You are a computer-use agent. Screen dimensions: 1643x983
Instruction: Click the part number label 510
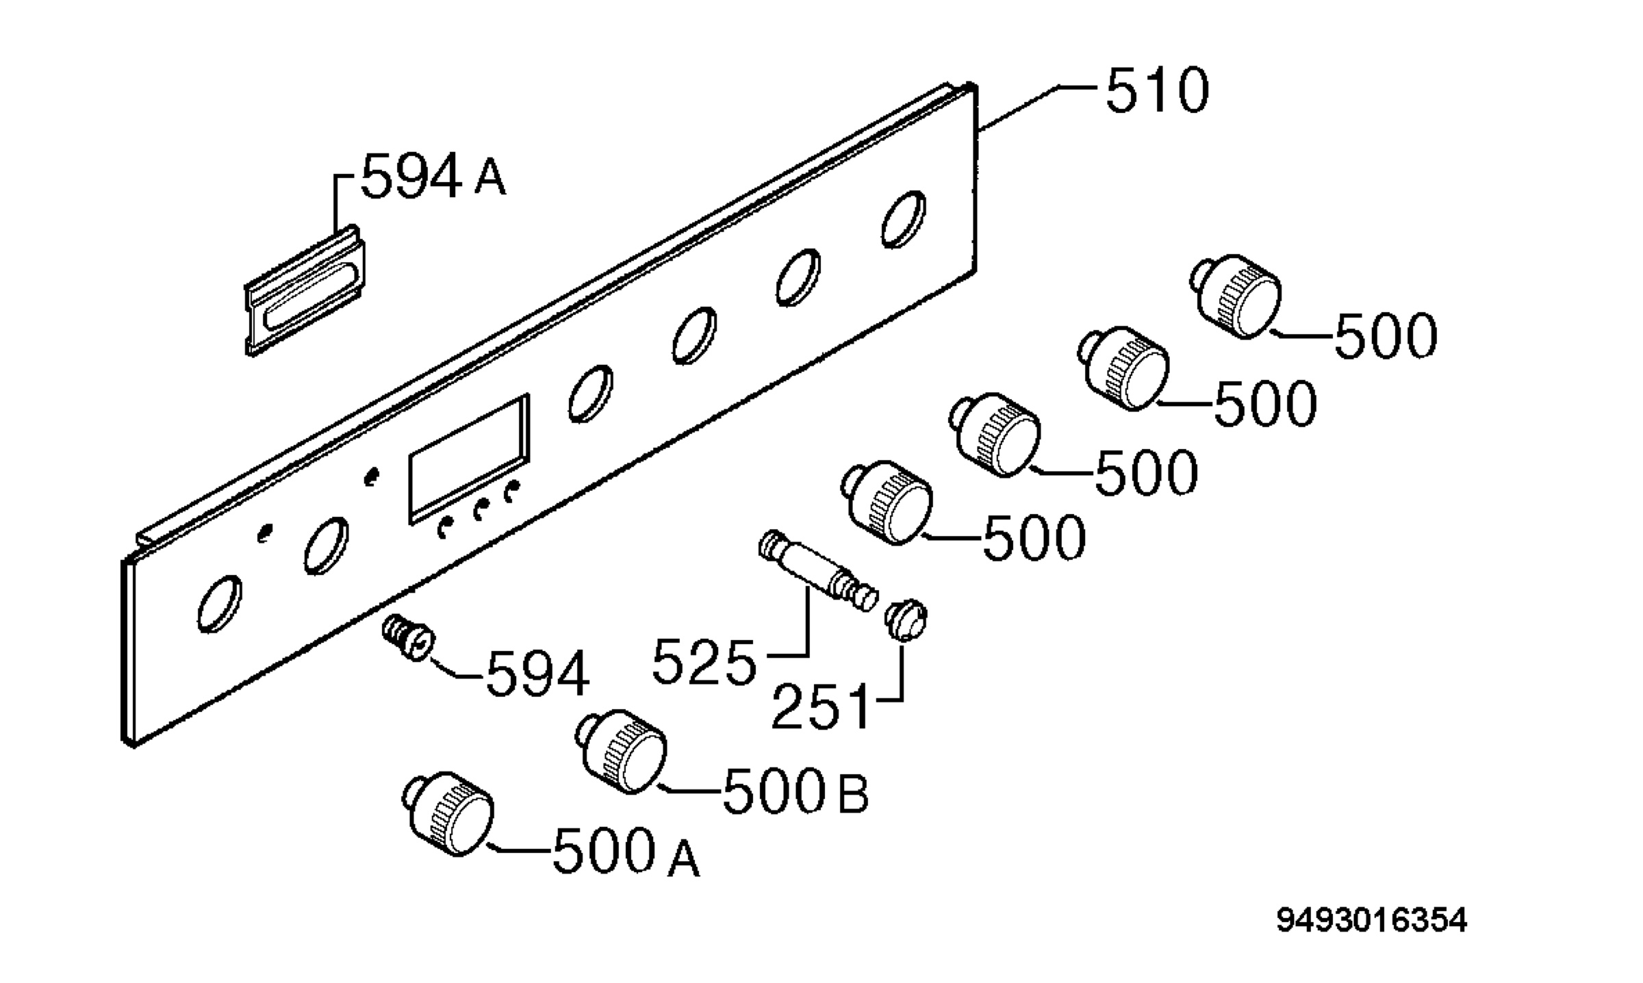1158,91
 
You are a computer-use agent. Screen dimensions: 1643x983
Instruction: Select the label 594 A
433,176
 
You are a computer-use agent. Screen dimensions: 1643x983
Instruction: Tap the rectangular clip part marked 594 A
305,290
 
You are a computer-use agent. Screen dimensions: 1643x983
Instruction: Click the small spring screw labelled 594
407,637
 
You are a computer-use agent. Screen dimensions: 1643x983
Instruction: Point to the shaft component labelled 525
819,571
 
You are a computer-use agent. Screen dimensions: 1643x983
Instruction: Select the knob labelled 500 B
621,752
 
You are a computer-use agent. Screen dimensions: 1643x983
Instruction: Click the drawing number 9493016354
1372,921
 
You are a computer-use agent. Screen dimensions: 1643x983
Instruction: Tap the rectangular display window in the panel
470,459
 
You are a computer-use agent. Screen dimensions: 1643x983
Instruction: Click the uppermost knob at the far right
1238,296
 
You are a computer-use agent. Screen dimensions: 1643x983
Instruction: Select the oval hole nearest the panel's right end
903,219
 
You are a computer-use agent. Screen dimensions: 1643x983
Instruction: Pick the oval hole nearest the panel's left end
219,604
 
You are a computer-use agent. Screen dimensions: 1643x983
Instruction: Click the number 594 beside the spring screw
537,674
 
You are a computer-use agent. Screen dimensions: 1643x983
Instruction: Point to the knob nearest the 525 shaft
887,502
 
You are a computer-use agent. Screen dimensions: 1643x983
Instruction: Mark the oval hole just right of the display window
591,393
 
